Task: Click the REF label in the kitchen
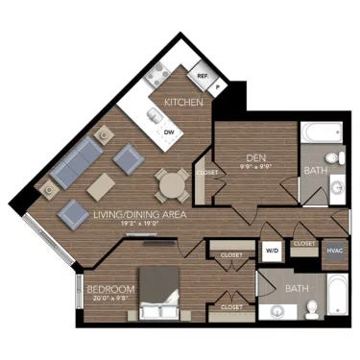point(203,75)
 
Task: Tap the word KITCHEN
point(181,102)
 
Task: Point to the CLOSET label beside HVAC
point(303,244)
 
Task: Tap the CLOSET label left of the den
point(206,173)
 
